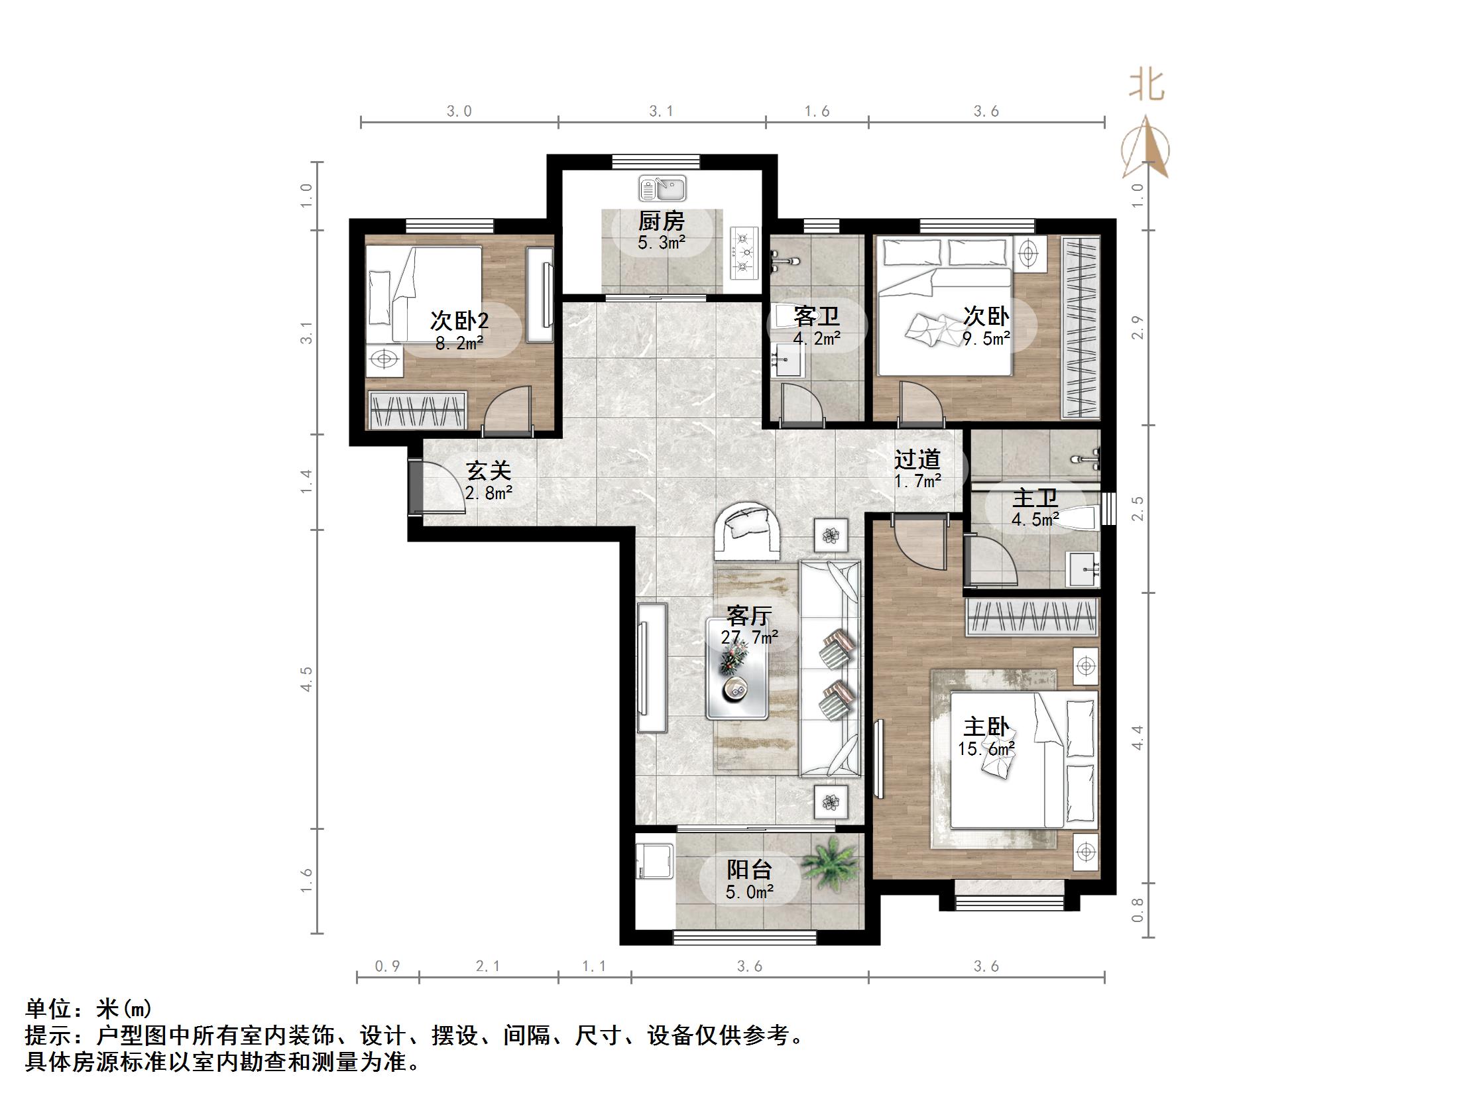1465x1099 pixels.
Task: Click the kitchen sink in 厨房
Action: point(662,189)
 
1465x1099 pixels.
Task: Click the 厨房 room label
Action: point(661,221)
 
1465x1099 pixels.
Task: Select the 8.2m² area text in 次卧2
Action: point(459,343)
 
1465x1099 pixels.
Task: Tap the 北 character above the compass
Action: point(1147,86)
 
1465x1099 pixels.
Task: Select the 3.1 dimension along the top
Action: point(661,111)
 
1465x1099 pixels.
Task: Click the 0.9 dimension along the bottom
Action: point(387,966)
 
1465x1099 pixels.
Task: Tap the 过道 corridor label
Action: point(917,459)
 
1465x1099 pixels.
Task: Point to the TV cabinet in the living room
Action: point(652,667)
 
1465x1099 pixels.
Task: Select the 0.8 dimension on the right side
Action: point(1138,909)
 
